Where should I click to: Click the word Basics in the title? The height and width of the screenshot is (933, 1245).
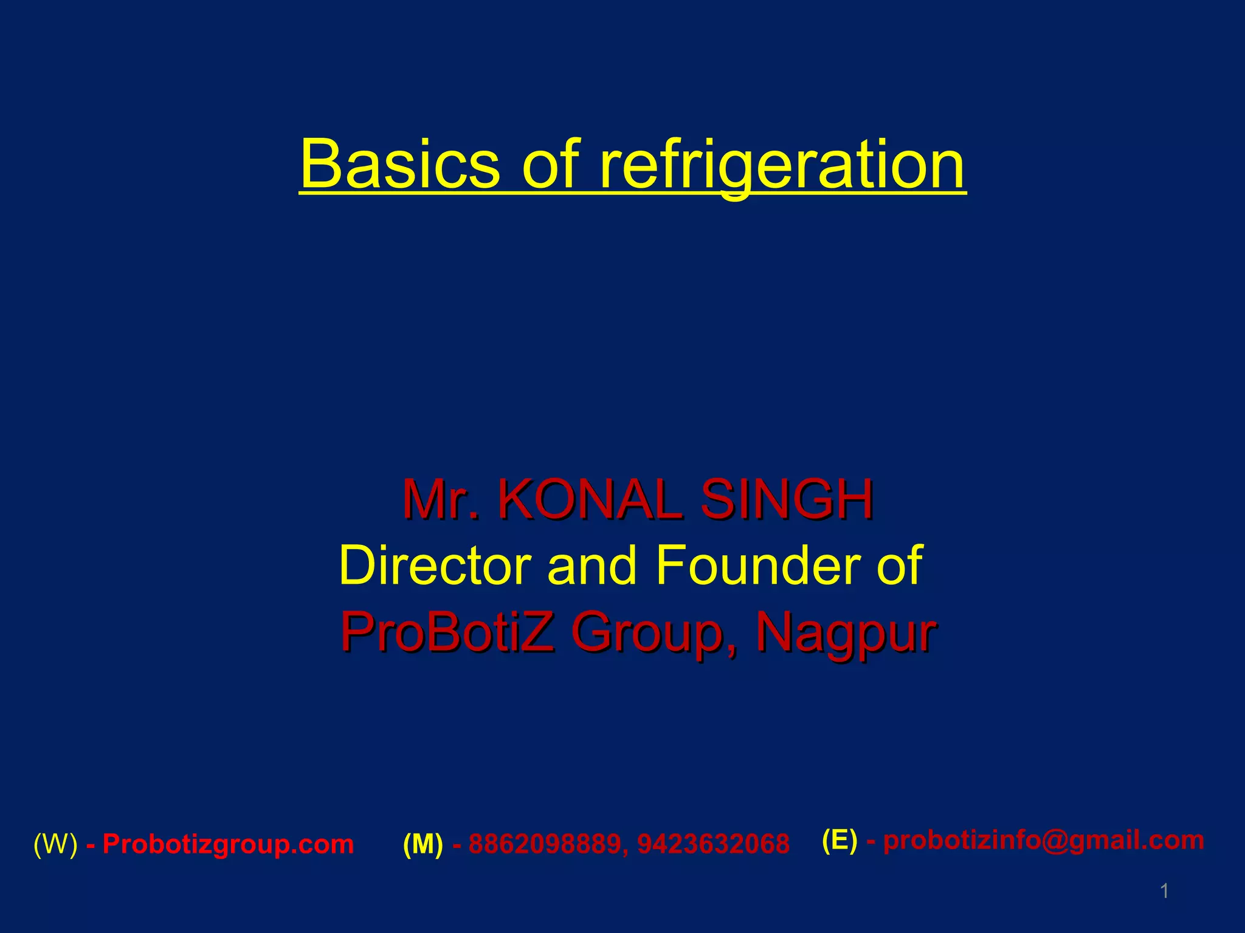tap(400, 164)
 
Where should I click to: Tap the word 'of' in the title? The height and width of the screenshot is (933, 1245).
tap(551, 164)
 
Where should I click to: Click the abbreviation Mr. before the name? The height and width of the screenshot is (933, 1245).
tap(440, 501)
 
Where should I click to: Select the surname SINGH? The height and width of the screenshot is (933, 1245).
tap(787, 501)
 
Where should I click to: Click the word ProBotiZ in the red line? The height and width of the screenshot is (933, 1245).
tap(447, 632)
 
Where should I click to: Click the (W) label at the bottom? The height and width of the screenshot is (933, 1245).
tap(55, 844)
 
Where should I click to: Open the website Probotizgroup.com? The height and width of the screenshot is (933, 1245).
tap(228, 844)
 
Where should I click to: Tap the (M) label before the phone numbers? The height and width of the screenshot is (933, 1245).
tap(422, 844)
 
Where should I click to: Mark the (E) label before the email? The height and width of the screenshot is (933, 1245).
tap(839, 841)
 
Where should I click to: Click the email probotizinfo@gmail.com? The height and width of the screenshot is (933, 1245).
tap(1043, 841)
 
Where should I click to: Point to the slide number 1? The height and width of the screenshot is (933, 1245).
tap(1164, 892)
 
